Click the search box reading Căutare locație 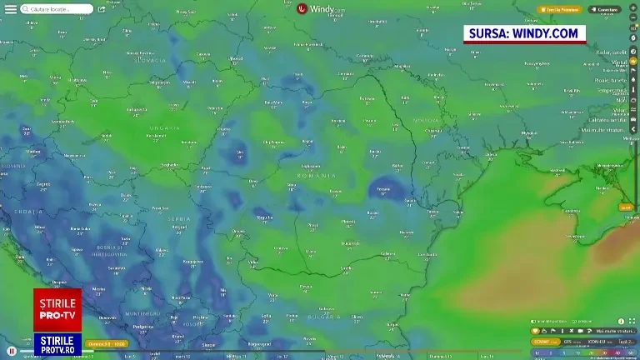57,9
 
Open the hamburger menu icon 10,9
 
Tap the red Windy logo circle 302,9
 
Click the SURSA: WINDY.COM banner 524,33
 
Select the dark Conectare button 605,9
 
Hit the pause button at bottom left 12,351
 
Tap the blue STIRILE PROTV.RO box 57,344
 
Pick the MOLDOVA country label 427,120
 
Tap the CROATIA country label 30,212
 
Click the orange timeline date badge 107,343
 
